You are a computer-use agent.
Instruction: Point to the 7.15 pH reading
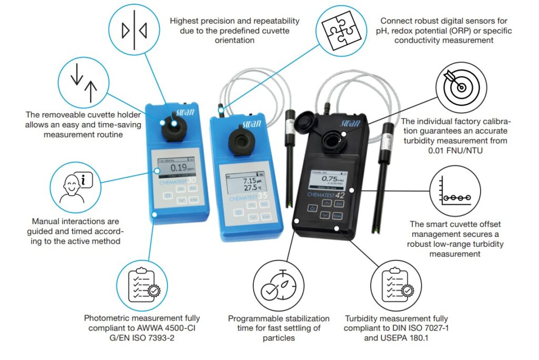247,180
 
